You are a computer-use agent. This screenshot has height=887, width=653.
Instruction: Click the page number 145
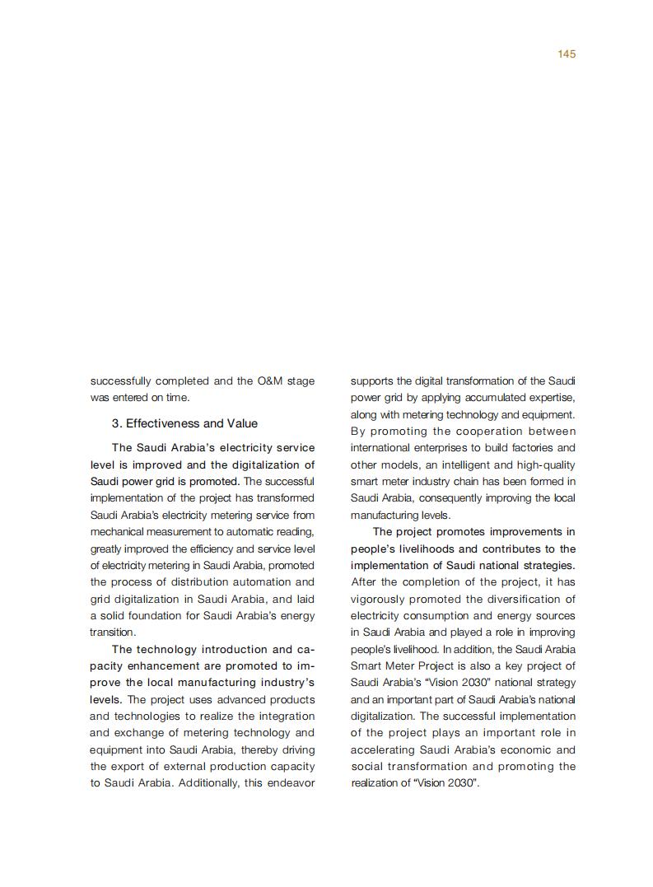pos(566,54)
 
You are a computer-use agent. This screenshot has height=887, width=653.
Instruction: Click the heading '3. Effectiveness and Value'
pos(184,423)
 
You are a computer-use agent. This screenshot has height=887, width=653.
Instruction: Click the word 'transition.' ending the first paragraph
pos(113,633)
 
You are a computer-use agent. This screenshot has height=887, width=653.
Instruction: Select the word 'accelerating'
pos(382,749)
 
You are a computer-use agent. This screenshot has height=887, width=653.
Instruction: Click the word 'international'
pos(380,448)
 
